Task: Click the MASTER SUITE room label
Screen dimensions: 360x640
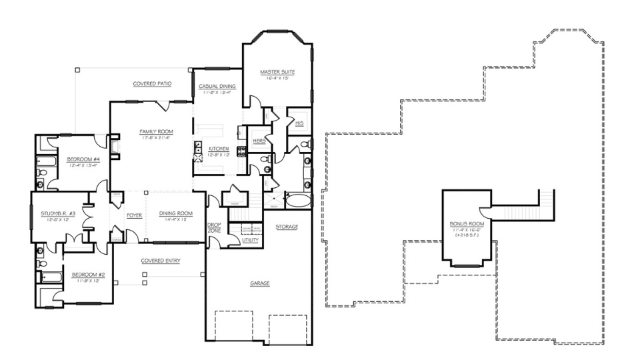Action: (277, 72)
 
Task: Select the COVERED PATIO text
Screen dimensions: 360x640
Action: (152, 84)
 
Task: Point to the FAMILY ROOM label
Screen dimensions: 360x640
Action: (156, 131)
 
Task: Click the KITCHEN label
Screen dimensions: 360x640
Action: (219, 149)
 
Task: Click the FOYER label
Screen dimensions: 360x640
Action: (135, 215)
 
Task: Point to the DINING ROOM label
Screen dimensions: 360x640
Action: (175, 213)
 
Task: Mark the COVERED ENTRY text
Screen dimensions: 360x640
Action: (161, 261)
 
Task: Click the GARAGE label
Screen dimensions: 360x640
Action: (259, 283)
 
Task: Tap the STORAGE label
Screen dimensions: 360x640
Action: (287, 227)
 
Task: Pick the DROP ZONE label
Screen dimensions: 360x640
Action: (214, 227)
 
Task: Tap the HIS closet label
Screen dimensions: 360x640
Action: (300, 123)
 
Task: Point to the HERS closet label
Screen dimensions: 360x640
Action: (259, 141)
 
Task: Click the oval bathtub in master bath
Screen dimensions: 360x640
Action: (298, 200)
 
